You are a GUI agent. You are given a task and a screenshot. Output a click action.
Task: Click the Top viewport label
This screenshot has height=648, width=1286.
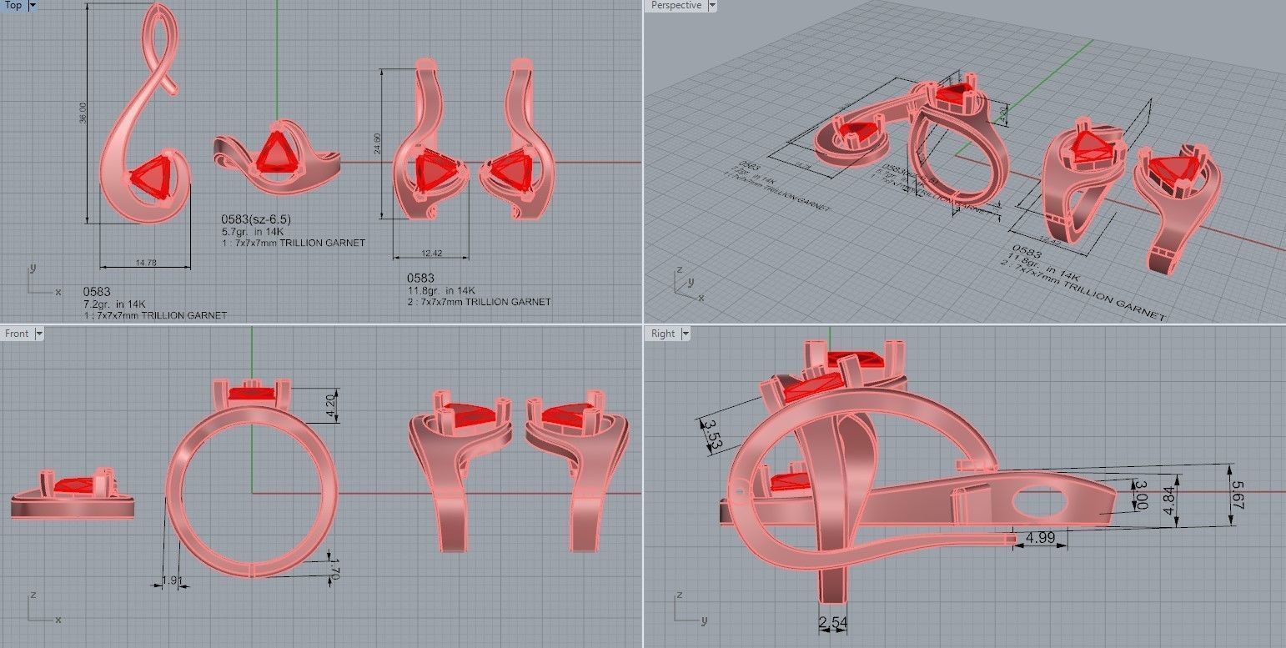[13, 5]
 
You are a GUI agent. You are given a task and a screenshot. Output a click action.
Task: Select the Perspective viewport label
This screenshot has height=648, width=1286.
[676, 5]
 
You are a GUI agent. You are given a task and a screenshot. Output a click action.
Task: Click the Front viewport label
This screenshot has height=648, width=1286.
[16, 334]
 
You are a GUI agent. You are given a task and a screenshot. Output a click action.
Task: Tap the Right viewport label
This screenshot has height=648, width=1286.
[663, 334]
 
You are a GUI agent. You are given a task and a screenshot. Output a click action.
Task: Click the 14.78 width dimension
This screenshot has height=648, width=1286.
[145, 263]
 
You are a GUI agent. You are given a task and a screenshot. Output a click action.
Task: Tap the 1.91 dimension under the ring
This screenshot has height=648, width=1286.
[171, 580]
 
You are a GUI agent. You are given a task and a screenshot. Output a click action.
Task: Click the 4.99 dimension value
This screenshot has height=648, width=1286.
[1039, 537]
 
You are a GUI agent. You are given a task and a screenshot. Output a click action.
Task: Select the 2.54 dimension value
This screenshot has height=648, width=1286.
[833, 622]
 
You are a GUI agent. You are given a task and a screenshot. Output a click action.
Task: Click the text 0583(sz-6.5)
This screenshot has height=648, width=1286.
[256, 219]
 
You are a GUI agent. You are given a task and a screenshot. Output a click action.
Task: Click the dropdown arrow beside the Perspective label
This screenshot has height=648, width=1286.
[711, 5]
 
